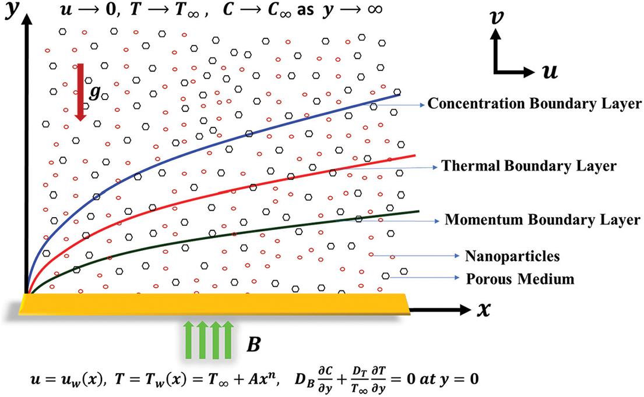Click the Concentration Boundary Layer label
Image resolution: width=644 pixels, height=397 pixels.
tap(534, 104)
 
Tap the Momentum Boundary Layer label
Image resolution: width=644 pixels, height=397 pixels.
tap(543, 220)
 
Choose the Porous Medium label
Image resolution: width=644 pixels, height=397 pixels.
tap(520, 278)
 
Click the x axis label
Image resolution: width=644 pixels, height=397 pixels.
tap(483, 310)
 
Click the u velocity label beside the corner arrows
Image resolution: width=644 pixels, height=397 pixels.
tap(548, 72)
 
